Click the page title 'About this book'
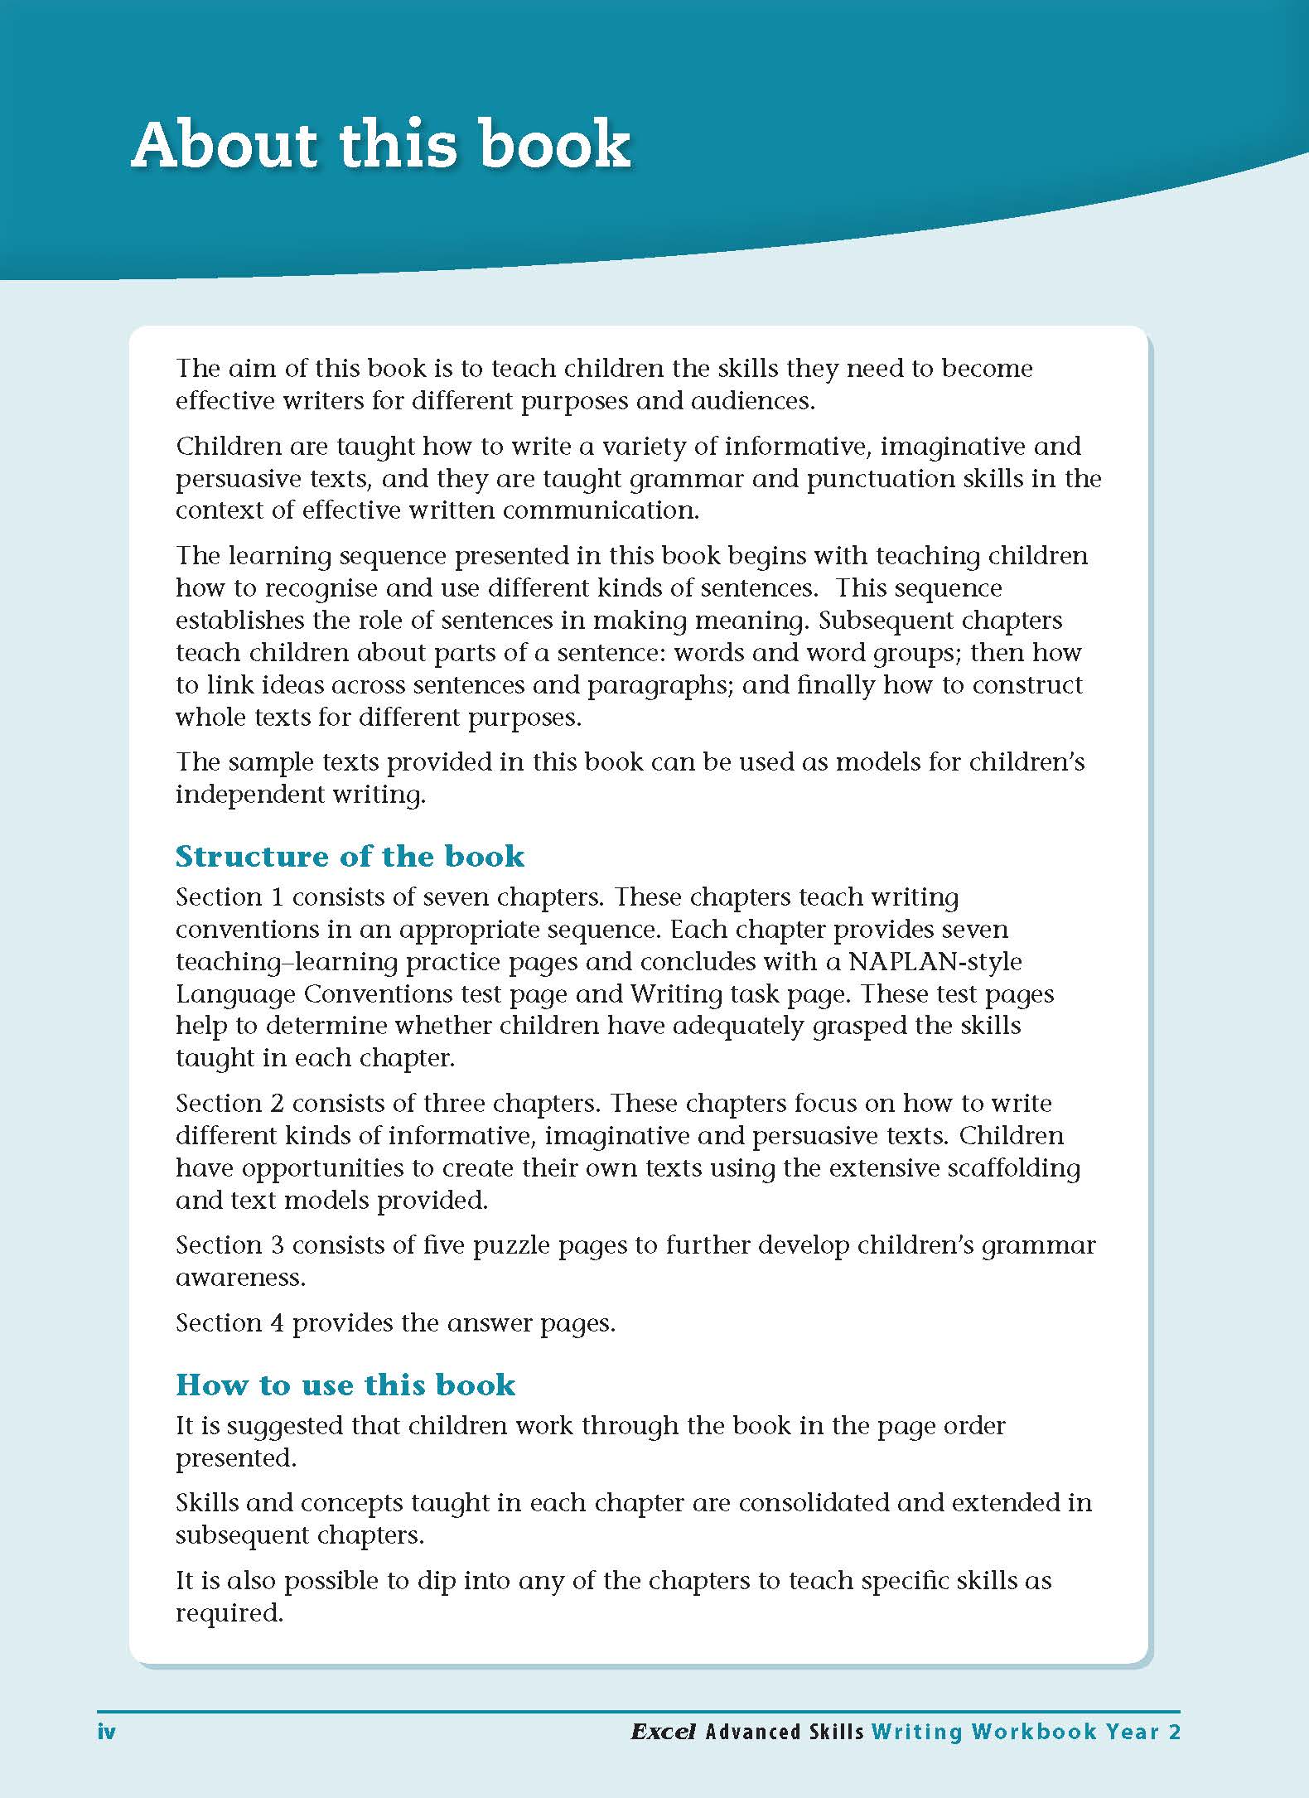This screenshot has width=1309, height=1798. click(381, 145)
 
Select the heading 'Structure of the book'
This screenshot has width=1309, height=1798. click(350, 856)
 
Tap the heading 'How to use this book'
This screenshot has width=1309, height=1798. click(345, 1385)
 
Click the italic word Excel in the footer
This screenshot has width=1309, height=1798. click(663, 1731)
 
